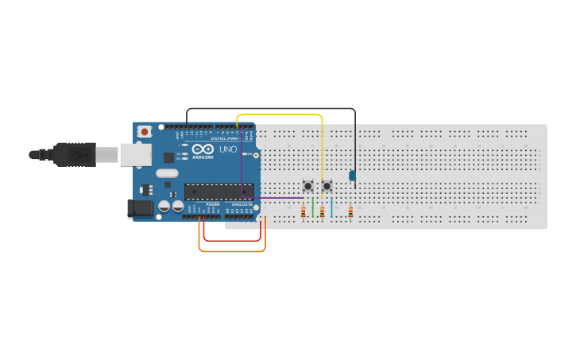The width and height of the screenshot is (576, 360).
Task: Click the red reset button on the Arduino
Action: pyautogui.click(x=144, y=131)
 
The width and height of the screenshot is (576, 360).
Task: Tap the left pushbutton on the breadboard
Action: pyautogui.click(x=307, y=186)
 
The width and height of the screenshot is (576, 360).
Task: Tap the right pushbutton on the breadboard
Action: pyautogui.click(x=327, y=186)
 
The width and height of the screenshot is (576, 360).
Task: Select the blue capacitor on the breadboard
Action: pyautogui.click(x=352, y=176)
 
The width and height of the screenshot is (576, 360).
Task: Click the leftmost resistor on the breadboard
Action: pyautogui.click(x=303, y=212)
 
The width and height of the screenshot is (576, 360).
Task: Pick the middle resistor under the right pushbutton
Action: pyautogui.click(x=322, y=212)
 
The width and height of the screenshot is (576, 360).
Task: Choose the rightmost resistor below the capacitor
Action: pyautogui.click(x=350, y=212)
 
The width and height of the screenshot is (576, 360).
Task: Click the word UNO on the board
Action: pyautogui.click(x=228, y=149)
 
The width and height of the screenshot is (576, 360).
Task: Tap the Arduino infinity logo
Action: pyautogui.click(x=203, y=149)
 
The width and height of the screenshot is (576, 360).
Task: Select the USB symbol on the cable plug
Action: pyautogui.click(x=78, y=154)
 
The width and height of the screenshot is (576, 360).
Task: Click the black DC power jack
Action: pyautogui.click(x=141, y=209)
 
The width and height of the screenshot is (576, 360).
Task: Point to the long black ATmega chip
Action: pyautogui.click(x=218, y=192)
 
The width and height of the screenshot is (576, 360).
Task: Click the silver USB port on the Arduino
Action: pyautogui.click(x=136, y=154)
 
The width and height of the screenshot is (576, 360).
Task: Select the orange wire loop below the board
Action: pyautogui.click(x=231, y=251)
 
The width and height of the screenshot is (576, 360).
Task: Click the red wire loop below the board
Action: pyautogui.click(x=231, y=240)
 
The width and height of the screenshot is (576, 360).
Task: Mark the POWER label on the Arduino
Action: pyautogui.click(x=212, y=204)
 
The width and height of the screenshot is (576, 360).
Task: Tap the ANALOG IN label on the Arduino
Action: pyautogui.click(x=242, y=204)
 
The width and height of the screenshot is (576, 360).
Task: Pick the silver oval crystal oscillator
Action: pyautogui.click(x=167, y=172)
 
